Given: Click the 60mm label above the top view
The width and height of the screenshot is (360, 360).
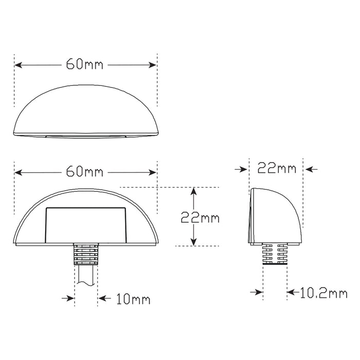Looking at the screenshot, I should pyautogui.click(x=85, y=65).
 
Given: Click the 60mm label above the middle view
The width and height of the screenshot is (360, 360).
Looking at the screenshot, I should pyautogui.click(x=85, y=171).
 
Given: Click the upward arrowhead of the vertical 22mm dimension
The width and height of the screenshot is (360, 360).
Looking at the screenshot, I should pyautogui.click(x=193, y=190).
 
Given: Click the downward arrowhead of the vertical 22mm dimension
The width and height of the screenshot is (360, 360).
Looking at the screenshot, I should pyautogui.click(x=193, y=243).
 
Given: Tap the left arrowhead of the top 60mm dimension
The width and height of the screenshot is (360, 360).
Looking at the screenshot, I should pyautogui.click(x=17, y=65).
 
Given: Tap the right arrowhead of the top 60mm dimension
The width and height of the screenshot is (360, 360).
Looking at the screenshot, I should pyautogui.click(x=153, y=65).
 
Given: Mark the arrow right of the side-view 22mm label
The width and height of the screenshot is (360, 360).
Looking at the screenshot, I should pyautogui.click(x=312, y=168).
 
